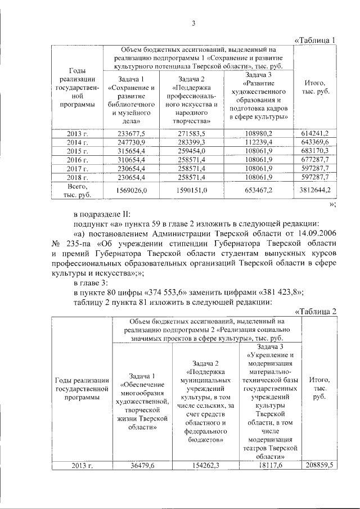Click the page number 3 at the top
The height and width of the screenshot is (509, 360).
(193, 23)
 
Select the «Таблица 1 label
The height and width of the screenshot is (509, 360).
(316, 40)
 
